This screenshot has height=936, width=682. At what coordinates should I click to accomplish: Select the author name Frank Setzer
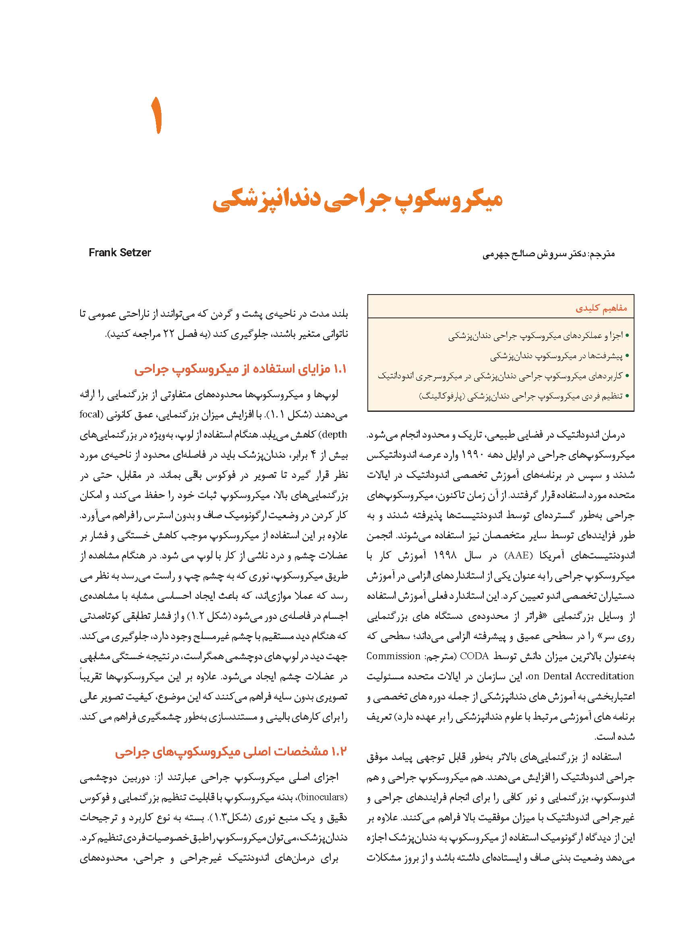point(120,253)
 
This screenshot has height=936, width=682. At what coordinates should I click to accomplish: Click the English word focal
point(90,414)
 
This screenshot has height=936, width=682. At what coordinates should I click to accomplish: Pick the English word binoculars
point(322,797)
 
